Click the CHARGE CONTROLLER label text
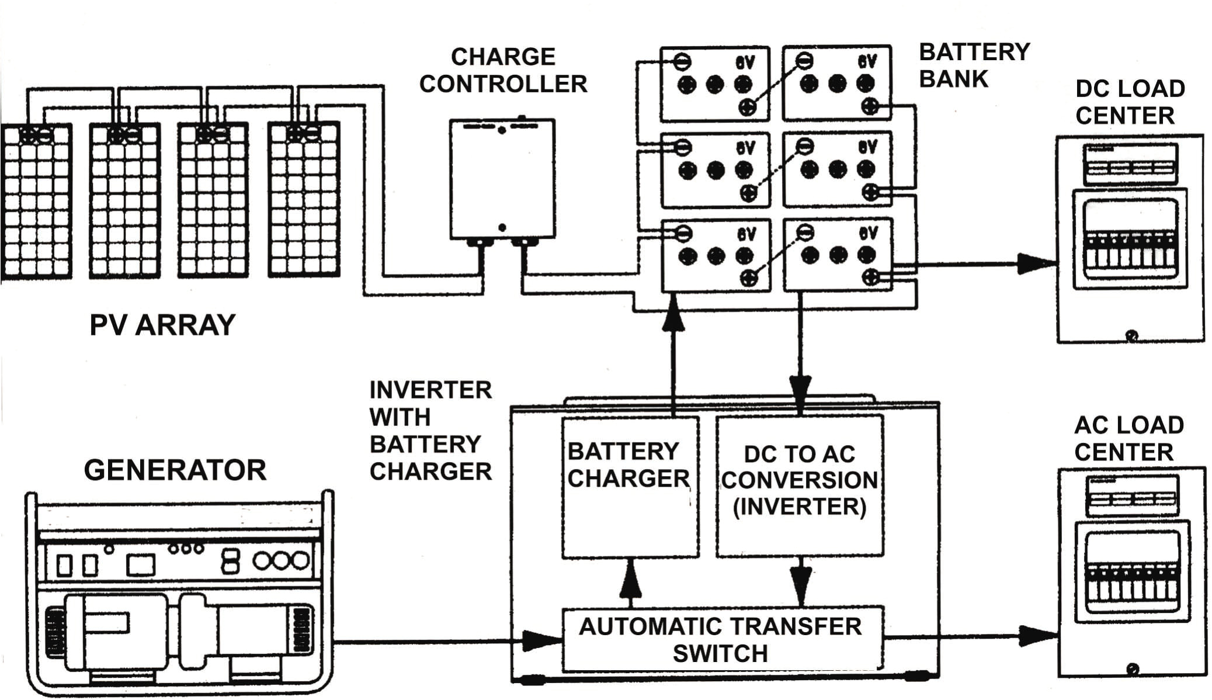503,70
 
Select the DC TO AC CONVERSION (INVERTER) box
799,485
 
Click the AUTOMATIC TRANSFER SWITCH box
721,639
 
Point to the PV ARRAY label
162,325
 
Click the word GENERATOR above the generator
175,470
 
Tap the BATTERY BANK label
974,65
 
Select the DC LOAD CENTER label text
1129,102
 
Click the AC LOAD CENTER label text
1128,438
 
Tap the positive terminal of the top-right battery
870,106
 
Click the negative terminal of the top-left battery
682,61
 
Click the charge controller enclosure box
502,178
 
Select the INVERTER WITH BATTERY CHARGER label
430,431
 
